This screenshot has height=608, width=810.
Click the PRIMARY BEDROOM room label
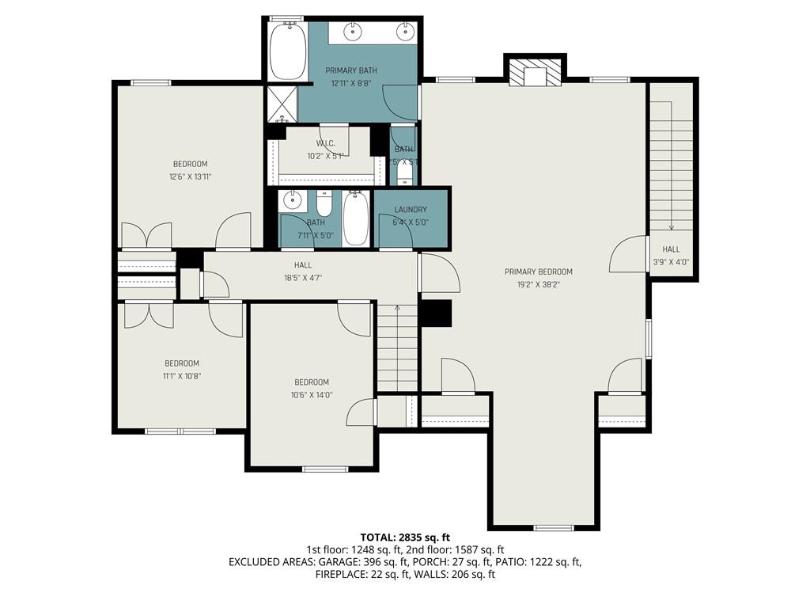(x=538, y=272)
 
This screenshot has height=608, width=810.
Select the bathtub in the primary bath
(x=287, y=51)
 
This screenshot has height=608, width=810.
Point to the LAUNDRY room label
(x=411, y=210)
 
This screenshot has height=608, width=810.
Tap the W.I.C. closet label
(x=325, y=143)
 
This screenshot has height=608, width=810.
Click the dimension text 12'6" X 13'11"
(x=190, y=177)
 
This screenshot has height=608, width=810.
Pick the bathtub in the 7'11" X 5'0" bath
(x=356, y=218)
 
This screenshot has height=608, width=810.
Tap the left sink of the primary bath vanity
(x=352, y=32)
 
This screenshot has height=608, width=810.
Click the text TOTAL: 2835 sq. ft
(x=404, y=537)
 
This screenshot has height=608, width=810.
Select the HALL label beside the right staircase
(x=671, y=249)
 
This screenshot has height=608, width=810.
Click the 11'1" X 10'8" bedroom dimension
(x=181, y=376)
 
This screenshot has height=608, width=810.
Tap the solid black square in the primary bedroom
(x=435, y=313)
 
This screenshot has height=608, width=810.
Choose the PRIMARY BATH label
(x=351, y=70)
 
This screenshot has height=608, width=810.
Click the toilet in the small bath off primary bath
(x=404, y=172)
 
